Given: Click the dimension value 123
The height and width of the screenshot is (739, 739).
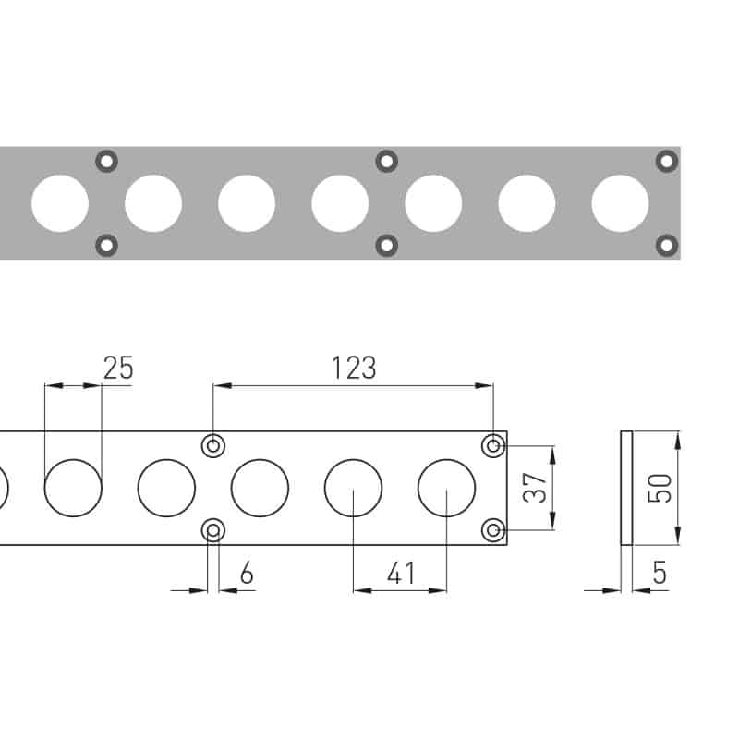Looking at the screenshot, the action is click(354, 368).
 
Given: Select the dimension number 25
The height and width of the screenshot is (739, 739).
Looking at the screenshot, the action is click(118, 368).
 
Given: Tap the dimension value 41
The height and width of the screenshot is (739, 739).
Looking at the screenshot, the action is click(401, 573).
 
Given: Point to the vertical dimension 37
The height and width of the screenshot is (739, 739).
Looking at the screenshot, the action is click(535, 488).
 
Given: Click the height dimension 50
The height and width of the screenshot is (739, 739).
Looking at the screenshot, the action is click(660, 489).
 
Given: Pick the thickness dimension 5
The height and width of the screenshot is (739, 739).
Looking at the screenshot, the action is click(660, 573).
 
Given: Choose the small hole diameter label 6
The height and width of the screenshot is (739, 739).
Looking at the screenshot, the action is click(247, 573).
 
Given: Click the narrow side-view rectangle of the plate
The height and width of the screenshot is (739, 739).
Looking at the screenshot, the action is click(626, 488).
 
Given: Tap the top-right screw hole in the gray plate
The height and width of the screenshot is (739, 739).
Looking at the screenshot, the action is click(667, 162).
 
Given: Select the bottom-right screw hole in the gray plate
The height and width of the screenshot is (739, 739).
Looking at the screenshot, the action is click(667, 246).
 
